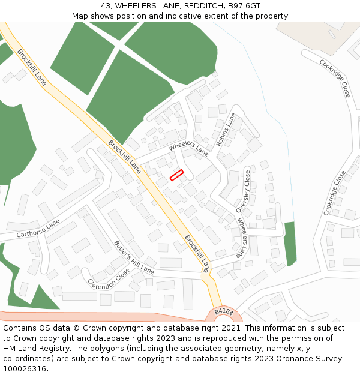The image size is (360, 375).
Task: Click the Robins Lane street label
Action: click(x=226, y=130)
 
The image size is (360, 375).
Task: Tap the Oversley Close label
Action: click(x=247, y=191)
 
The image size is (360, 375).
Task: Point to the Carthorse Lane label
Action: click(x=38, y=228)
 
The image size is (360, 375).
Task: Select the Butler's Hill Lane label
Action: click(x=134, y=257)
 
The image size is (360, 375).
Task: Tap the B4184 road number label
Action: click(x=223, y=311)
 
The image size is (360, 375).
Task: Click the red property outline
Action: click(x=176, y=175)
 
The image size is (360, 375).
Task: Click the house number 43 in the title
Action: click(x=107, y=6)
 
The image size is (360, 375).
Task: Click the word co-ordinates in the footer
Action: click(x=27, y=359)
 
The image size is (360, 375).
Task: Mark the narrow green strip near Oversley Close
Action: click(x=290, y=243)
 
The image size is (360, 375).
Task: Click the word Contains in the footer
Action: click(x=22, y=328)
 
